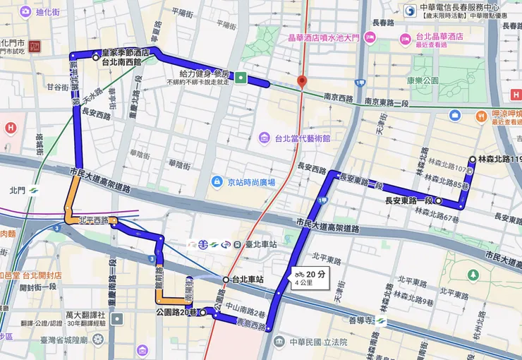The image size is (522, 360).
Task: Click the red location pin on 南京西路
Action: click(x=302, y=81)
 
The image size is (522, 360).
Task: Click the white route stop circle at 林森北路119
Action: click(x=473, y=160)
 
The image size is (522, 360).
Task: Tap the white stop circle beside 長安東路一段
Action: click(x=439, y=201)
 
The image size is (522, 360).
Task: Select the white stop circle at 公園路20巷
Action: click(x=202, y=311)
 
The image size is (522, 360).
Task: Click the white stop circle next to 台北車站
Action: click(x=226, y=280)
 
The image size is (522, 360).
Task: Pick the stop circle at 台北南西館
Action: click(x=97, y=58)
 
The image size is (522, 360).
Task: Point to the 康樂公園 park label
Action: click(x=423, y=80)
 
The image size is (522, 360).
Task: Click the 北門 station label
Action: click(x=17, y=190)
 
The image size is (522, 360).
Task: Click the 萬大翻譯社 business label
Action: click(x=85, y=314)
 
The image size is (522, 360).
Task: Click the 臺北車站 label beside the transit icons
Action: click(x=259, y=244)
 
